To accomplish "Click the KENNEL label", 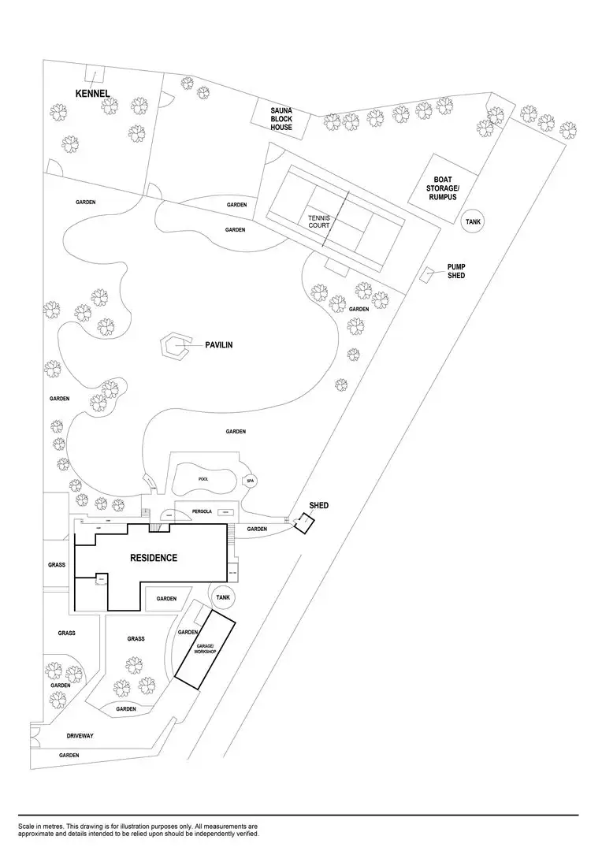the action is (92, 94).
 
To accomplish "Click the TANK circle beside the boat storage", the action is (473, 222).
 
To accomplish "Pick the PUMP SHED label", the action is (456, 271).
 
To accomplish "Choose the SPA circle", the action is (251, 481).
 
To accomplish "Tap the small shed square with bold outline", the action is (303, 522).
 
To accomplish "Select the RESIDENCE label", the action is (154, 558).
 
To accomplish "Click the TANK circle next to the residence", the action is (223, 598).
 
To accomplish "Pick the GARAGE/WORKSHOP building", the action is (205, 649).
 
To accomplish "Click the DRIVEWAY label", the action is (80, 736).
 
